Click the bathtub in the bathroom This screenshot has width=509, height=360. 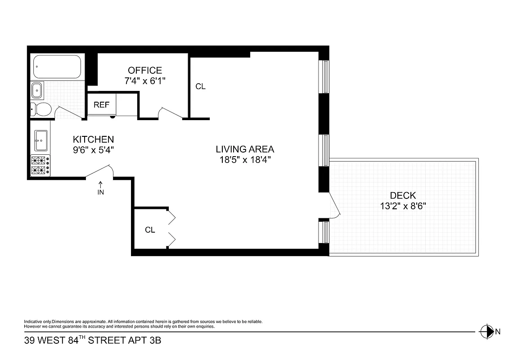(57, 67)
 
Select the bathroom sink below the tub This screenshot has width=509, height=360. (37, 90)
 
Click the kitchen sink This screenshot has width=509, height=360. (41, 140)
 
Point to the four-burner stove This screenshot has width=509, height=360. (41, 165)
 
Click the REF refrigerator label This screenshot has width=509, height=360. (101, 105)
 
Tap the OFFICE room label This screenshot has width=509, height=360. (144, 71)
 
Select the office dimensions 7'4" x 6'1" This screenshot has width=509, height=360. (144, 81)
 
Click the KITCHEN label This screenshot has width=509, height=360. (94, 139)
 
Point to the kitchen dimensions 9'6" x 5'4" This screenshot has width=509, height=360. (94, 150)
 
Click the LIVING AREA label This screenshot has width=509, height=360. (245, 149)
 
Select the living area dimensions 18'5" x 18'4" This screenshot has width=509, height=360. (245, 160)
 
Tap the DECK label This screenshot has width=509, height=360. (403, 195)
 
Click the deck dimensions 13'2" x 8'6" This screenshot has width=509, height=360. (403, 206)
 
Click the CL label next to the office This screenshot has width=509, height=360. (200, 86)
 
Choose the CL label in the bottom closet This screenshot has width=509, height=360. (150, 230)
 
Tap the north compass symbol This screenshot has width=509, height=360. (486, 332)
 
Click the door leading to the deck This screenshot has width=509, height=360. (333, 207)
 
